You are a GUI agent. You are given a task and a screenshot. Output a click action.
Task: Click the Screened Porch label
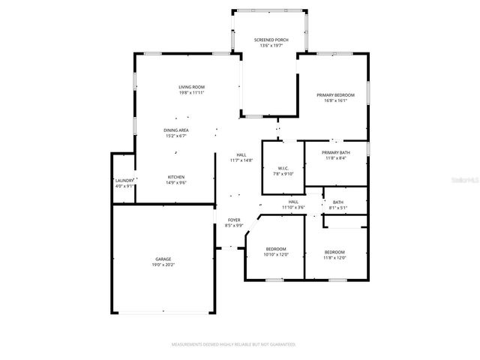pyautogui.click(x=271, y=39)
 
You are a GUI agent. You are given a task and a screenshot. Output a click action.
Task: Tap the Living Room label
pyautogui.click(x=191, y=87)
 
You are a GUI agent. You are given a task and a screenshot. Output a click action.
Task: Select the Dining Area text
pyautogui.click(x=176, y=130)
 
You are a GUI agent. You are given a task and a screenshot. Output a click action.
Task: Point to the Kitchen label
pyautogui.click(x=176, y=177)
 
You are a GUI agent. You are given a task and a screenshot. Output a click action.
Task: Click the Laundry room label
pyautogui.click(x=124, y=181)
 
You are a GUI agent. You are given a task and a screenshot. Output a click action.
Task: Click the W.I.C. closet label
pyautogui.click(x=283, y=168)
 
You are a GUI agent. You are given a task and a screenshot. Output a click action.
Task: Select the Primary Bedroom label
pyautogui.click(x=335, y=95)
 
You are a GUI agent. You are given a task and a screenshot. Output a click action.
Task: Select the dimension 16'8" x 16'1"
pyautogui.click(x=335, y=101)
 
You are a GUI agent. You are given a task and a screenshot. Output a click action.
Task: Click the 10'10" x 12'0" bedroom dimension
pyautogui.click(x=276, y=254)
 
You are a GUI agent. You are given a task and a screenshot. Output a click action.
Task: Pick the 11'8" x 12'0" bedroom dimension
pyautogui.click(x=334, y=257)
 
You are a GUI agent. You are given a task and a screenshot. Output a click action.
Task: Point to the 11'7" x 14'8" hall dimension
pyautogui.click(x=241, y=160)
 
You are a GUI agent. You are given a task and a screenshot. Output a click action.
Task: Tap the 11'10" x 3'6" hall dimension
pyautogui.click(x=294, y=207)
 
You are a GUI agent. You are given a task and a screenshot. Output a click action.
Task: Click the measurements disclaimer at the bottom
pyautogui.click(x=234, y=344)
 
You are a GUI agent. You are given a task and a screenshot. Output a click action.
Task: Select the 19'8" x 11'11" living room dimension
pyautogui.click(x=191, y=93)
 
